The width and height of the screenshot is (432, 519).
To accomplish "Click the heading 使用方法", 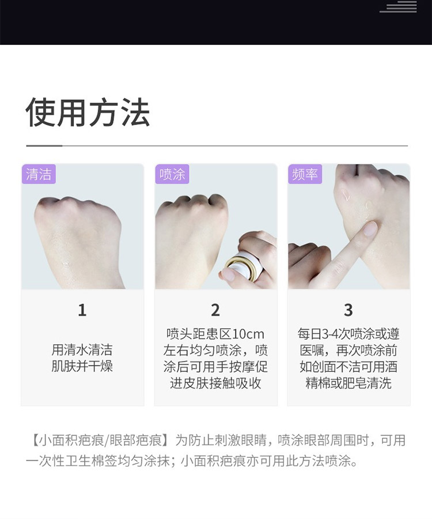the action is [x=88, y=112].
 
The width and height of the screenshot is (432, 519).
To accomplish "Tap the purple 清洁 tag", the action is [x=39, y=174].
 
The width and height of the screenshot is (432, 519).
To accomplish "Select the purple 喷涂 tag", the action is [x=172, y=174].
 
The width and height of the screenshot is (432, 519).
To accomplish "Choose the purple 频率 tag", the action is [x=305, y=174].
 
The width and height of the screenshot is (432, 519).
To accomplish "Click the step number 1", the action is [x=82, y=310].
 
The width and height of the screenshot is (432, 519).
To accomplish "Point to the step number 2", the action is [x=215, y=310].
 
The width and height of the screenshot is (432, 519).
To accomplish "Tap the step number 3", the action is [x=348, y=310].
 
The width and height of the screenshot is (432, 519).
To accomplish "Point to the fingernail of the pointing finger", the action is [x=370, y=228].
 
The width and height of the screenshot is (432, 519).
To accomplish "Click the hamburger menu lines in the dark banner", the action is [x=398, y=6].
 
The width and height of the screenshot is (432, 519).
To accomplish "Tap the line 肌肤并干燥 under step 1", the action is [x=82, y=366].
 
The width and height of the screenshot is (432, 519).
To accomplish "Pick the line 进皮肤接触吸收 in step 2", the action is [x=215, y=383].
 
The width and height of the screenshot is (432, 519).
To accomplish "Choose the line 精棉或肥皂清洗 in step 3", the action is [x=348, y=383].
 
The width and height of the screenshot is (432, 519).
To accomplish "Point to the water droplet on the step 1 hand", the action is [x=66, y=264].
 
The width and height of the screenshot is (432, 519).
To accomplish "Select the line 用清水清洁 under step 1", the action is [x=82, y=350].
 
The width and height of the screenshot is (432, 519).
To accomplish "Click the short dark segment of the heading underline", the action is [x=44, y=145].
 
